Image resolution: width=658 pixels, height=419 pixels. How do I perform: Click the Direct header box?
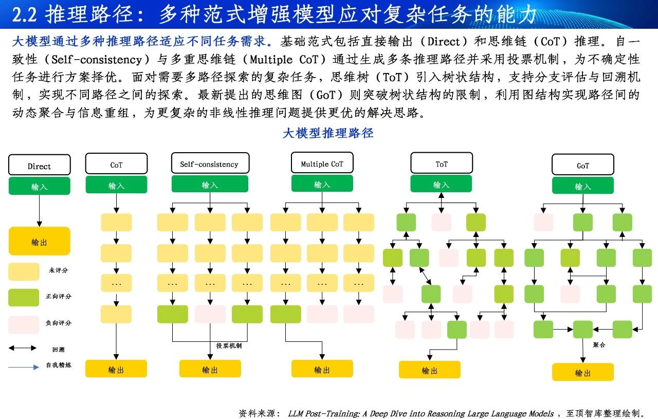40,165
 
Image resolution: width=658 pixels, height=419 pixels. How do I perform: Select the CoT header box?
116,163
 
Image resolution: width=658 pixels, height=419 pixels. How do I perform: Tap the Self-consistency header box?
210,163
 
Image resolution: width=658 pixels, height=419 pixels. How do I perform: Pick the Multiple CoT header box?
322,162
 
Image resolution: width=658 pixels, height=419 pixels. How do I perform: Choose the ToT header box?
442,163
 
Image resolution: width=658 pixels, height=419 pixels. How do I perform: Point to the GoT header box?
583,165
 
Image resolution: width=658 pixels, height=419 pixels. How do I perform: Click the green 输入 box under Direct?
40,186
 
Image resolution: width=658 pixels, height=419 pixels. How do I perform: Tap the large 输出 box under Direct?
40,241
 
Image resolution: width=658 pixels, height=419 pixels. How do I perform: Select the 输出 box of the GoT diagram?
583,372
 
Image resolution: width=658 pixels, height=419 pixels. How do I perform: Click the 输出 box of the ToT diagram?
429,370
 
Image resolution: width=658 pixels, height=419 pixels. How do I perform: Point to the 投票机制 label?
229,345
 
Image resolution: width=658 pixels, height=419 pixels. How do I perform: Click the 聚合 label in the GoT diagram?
599,344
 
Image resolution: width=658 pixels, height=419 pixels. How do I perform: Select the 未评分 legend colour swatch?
24,271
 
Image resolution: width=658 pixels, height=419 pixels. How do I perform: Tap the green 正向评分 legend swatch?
24,298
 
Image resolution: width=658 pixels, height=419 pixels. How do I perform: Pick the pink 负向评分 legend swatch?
24,325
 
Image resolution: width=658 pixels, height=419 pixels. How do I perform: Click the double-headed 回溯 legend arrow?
23,348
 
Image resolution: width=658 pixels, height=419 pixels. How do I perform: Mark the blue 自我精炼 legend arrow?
24,367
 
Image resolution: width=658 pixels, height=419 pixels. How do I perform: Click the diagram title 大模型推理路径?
328,133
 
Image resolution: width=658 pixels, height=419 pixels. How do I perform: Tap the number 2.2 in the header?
24,14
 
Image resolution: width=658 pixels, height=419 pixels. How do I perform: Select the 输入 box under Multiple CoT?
322,184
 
